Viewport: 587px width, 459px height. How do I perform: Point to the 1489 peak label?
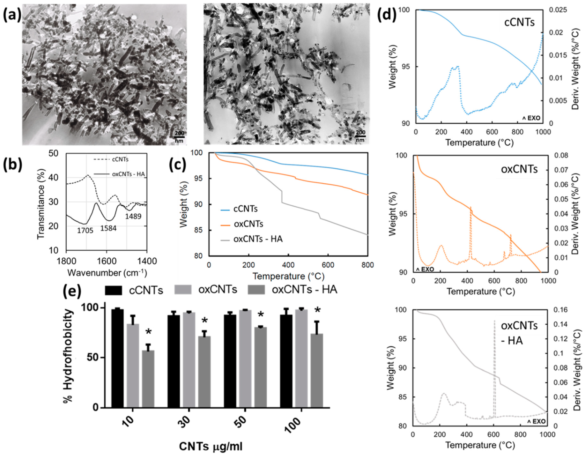click(133, 216)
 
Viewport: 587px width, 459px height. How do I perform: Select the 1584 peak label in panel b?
click(109, 228)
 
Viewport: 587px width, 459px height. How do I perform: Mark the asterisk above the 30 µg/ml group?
click(205, 321)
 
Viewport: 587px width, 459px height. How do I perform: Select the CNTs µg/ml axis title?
click(211, 447)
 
